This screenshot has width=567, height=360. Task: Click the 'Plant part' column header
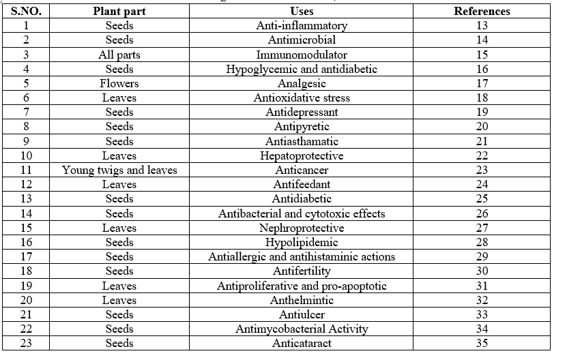[119, 11]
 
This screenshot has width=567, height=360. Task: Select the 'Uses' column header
[302, 11]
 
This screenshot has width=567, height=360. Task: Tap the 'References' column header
[482, 11]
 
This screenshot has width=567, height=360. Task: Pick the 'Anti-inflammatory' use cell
[302, 25]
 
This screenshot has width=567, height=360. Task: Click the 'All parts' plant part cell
[119, 55]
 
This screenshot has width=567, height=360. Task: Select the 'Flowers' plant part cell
[119, 83]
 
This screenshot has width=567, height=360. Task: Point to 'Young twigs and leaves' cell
[119, 170]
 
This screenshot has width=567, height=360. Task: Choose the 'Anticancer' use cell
[302, 170]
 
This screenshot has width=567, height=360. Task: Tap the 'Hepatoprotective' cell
[302, 155]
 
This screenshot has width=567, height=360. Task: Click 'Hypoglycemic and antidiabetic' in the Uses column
[302, 69]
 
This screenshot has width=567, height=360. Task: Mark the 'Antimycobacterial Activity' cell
[302, 329]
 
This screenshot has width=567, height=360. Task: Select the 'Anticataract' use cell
[302, 343]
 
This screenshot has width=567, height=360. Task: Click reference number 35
[482, 343]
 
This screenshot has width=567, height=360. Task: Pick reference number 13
[482, 25]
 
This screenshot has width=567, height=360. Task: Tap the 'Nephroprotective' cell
[302, 228]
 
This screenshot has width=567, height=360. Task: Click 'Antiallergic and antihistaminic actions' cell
[302, 256]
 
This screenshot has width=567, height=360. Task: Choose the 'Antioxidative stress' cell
[302, 97]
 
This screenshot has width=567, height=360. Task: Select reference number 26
[482, 213]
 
